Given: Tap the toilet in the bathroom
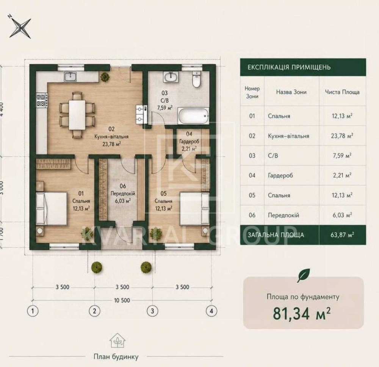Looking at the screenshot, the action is point(196,79).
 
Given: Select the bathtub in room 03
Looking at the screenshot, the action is point(194,116).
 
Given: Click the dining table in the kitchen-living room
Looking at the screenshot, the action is point(77,115).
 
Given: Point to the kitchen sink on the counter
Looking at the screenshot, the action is point(70,77).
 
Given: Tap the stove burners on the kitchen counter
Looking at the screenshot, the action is point(41,100).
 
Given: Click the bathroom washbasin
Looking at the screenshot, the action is point(171,77).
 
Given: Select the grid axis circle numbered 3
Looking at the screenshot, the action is point(152,311).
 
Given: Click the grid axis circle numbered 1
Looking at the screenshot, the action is point(33,311).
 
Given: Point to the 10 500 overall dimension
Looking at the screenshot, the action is point(122,300).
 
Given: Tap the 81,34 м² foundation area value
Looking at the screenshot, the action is point(301,313).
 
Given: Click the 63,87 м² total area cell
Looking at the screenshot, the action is point(342,235).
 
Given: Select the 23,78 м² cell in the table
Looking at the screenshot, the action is point(342,136).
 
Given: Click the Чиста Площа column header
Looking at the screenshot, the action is point(342,92).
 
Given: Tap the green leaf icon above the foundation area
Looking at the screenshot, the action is point(303,276).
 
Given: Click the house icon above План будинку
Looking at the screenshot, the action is point(117,340).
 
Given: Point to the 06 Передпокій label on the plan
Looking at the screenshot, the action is point(123,194).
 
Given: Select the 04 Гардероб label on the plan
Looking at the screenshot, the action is point(189,141).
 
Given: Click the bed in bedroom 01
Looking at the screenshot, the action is point(52,209).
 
